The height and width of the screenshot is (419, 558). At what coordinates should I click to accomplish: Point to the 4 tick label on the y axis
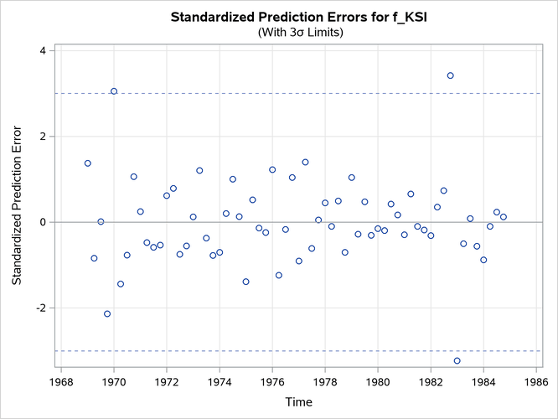42,51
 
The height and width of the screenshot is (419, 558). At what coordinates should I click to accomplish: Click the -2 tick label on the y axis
39,308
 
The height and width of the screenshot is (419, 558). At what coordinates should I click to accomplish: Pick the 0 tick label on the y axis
42,222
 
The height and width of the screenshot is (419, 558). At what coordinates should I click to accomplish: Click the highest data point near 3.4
450,75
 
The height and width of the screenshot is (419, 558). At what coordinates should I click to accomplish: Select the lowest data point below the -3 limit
457,360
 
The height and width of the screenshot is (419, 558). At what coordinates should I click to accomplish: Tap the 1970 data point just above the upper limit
114,91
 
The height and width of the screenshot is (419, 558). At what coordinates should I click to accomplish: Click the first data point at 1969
87,163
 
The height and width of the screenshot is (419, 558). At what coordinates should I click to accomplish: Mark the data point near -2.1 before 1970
107,313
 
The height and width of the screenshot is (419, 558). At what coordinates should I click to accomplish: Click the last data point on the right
504,217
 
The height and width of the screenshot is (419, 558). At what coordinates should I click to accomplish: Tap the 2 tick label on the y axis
42,137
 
